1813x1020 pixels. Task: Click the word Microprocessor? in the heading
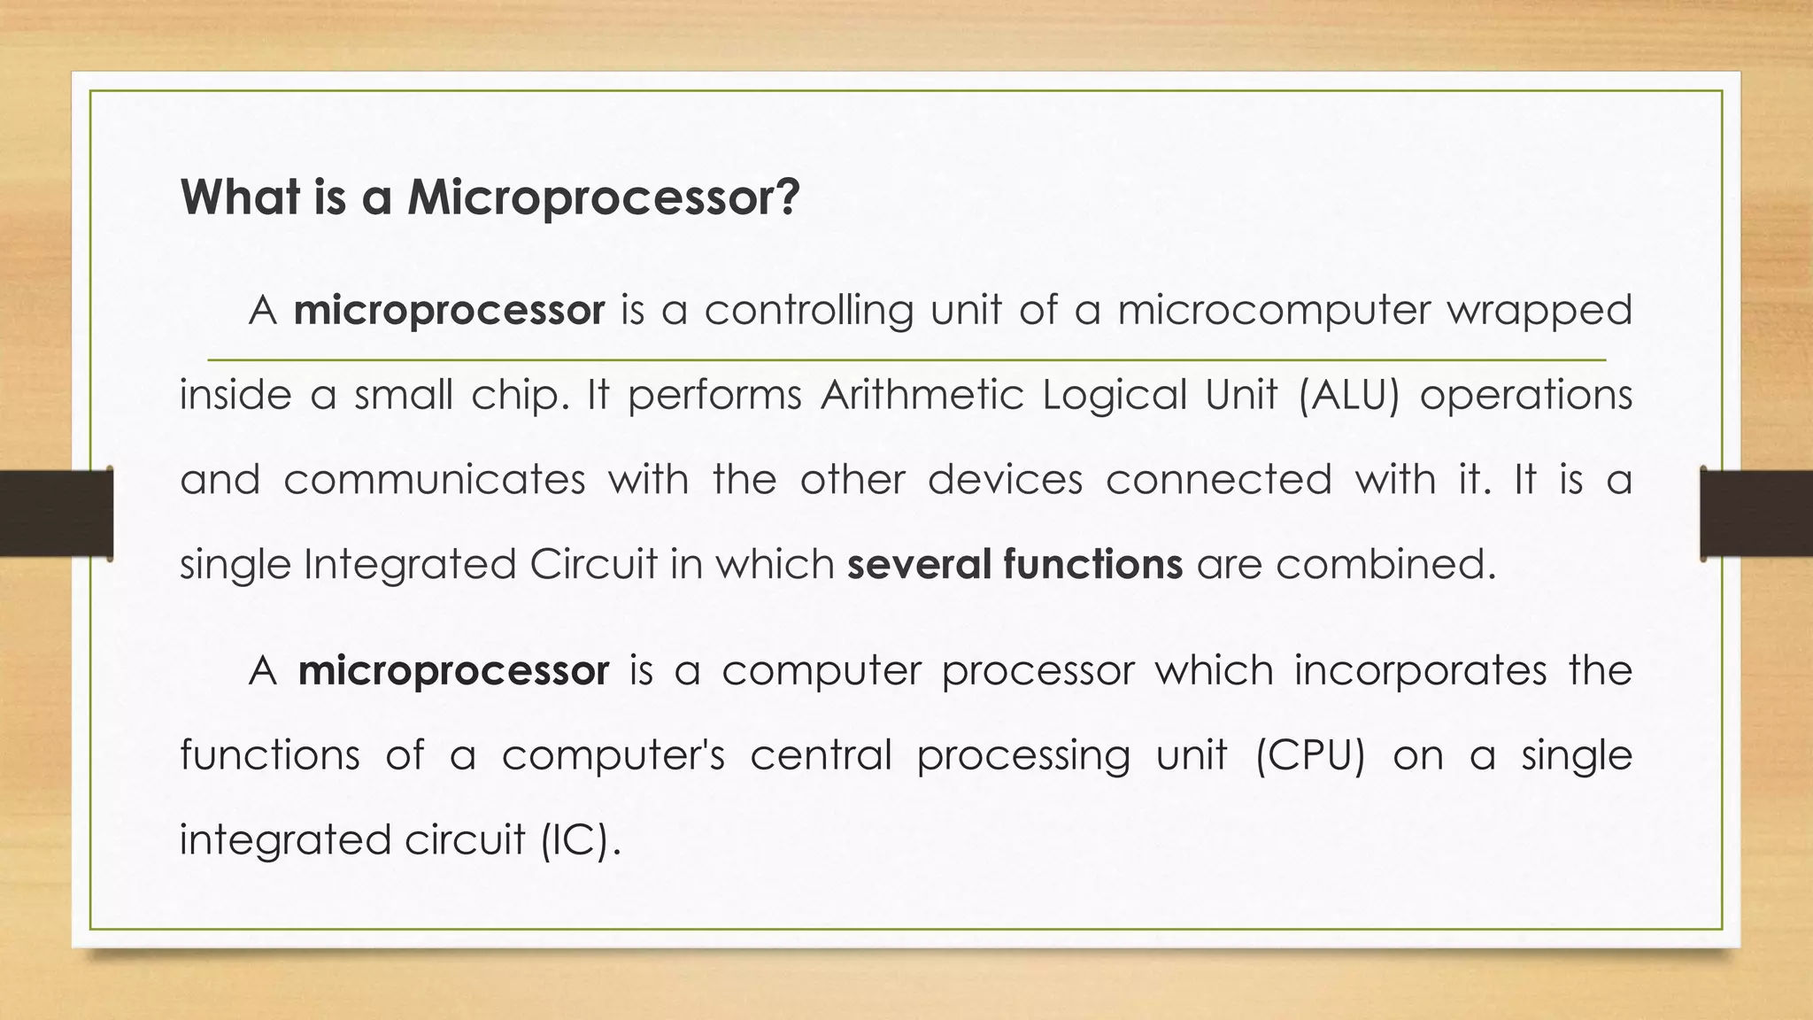603,197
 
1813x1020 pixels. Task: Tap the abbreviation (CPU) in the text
1310,755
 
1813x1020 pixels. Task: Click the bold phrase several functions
1015,564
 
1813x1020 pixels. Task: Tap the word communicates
435,480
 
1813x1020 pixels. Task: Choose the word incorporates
1420,670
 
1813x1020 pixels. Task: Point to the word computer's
613,755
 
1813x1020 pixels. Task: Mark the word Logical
1114,395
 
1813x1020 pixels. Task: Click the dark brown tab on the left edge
56,514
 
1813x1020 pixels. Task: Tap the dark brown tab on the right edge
1756,514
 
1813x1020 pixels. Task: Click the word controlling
808,311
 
